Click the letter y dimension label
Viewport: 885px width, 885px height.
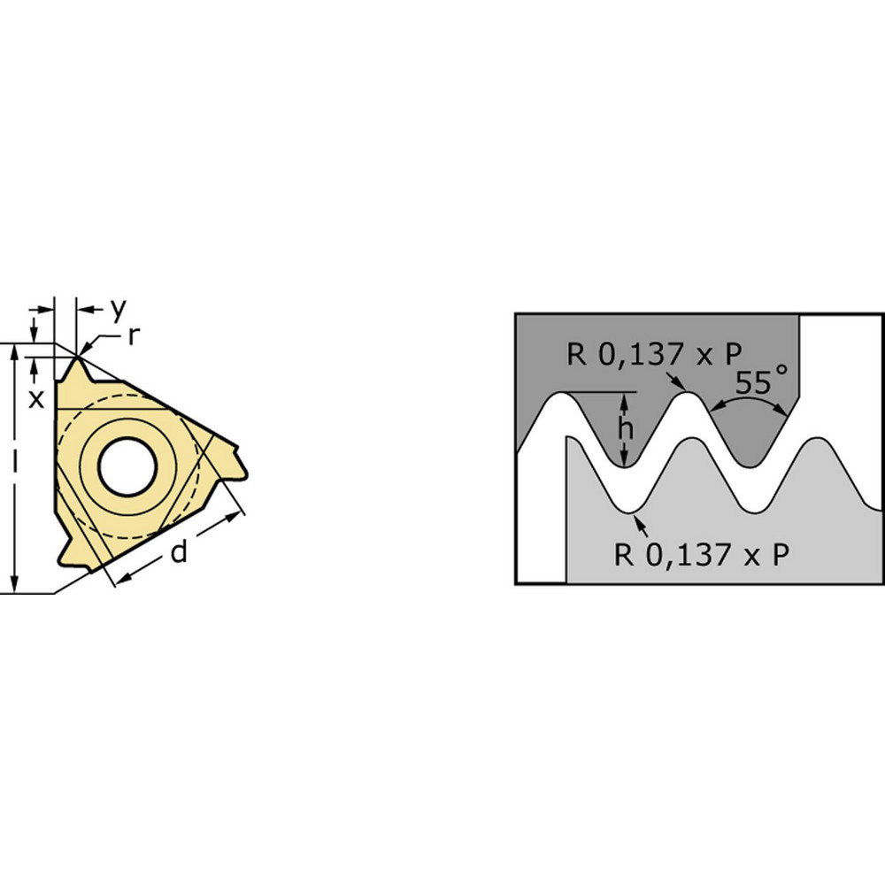119,309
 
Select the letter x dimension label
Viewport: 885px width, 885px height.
36,398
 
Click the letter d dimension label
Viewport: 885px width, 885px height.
179,552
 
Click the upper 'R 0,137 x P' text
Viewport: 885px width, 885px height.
654,355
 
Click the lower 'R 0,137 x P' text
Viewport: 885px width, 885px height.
702,554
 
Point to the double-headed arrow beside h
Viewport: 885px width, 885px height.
626,429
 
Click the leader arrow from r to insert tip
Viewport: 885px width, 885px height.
97,342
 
